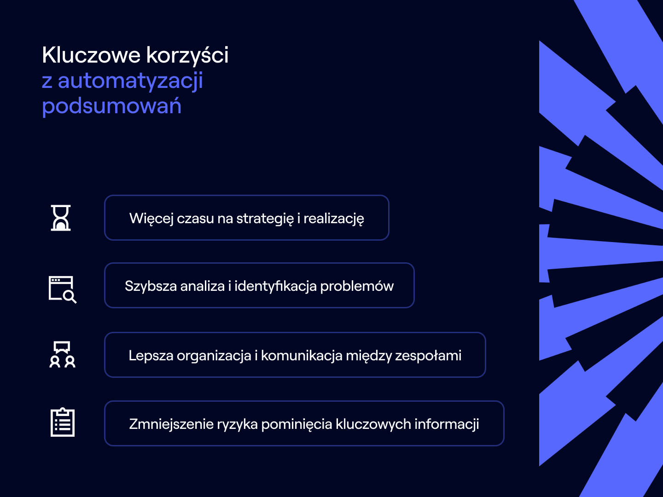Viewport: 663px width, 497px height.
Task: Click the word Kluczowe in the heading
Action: (91, 55)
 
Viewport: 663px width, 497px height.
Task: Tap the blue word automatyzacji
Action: (130, 81)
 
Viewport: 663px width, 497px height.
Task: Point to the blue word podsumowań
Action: (111, 106)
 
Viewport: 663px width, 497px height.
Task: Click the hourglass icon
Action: (61, 218)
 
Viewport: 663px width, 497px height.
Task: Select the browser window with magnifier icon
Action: (62, 289)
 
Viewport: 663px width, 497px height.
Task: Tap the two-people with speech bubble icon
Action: (62, 354)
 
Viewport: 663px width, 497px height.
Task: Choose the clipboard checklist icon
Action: (62, 422)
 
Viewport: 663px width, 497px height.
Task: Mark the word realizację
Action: (333, 219)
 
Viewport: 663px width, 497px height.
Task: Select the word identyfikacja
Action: (275, 286)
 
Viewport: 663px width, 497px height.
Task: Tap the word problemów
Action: (357, 286)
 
